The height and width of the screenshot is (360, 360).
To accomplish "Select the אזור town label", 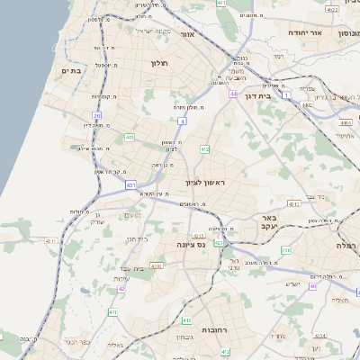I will click(x=188, y=34).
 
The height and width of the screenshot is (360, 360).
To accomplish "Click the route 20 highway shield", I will click(x=97, y=115).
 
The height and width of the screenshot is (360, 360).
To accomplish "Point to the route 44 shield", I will click(x=232, y=94).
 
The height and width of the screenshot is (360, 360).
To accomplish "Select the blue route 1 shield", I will click(x=285, y=94).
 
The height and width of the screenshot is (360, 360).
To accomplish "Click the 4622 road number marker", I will click(x=332, y=9).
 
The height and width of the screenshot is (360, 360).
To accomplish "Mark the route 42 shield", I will click(x=121, y=289).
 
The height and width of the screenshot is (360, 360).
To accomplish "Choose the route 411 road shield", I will click(x=112, y=311).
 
